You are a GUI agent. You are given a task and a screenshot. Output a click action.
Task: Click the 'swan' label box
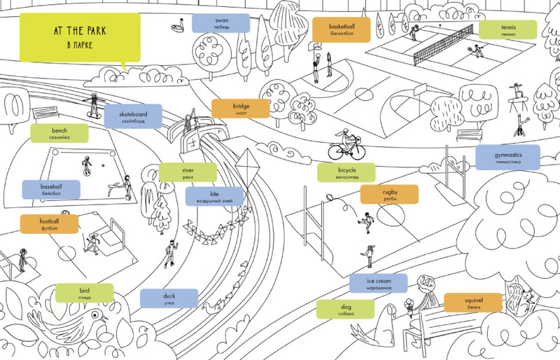[x=221, y=23]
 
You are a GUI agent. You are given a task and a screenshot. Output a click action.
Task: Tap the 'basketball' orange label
[x=340, y=28]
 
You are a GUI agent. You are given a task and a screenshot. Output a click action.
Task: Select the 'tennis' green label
[x=507, y=29]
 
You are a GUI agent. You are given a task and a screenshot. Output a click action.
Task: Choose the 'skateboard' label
[x=133, y=116]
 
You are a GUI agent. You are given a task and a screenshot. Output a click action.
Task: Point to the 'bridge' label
[x=241, y=109]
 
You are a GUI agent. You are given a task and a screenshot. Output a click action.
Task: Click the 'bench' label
[x=59, y=133]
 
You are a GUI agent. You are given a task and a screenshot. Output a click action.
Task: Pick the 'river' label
[x=188, y=172]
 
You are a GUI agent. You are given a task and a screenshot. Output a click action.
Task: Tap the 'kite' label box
[x=215, y=196]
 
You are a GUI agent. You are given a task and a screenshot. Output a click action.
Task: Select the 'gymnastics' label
[x=507, y=157]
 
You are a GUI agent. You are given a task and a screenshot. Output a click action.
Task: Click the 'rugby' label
[x=389, y=194]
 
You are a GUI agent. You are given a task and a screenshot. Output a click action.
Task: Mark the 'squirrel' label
[x=474, y=303]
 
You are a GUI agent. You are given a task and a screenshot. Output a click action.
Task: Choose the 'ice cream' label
[x=379, y=284]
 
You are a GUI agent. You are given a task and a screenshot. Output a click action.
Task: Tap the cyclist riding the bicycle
[x=346, y=143]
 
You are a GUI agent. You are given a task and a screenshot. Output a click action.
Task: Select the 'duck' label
[x=169, y=298]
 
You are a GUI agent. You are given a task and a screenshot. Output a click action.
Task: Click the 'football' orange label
[x=49, y=224]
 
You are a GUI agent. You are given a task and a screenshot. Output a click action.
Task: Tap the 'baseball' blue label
[x=51, y=190]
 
